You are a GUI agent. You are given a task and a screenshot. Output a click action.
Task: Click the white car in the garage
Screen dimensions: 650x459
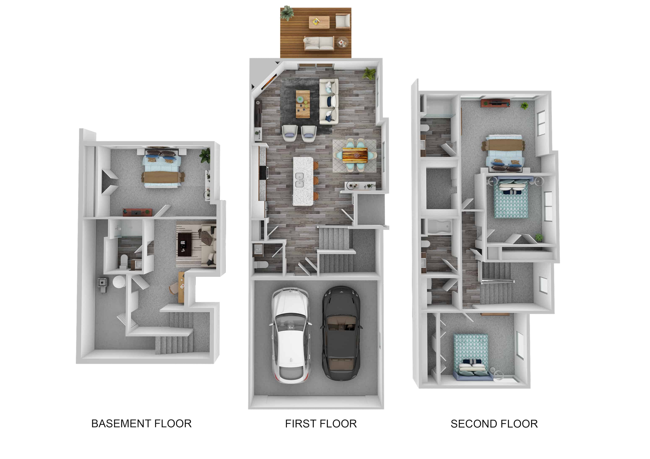[x=291, y=335]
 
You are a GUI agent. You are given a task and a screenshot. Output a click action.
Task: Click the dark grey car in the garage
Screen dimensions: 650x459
[x=341, y=333]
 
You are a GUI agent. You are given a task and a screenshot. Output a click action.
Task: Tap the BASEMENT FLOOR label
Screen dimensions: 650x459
[x=141, y=424]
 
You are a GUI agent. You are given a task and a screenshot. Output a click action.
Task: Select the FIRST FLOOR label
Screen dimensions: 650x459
[x=321, y=424]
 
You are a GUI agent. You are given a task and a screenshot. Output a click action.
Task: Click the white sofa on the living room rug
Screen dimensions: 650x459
[x=329, y=102]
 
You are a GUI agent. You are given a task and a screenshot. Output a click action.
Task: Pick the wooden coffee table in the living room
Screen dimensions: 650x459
[x=303, y=104]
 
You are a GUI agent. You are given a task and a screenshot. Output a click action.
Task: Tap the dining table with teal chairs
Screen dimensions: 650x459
[x=355, y=155]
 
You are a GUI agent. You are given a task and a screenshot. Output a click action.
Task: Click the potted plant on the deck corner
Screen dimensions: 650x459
[x=287, y=13]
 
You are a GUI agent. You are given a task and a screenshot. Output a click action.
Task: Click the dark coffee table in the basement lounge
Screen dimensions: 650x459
[x=185, y=244]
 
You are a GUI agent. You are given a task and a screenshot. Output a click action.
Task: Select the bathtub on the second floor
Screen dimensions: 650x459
[x=439, y=227]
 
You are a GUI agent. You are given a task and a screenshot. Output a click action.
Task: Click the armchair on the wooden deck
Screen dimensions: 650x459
[x=343, y=21]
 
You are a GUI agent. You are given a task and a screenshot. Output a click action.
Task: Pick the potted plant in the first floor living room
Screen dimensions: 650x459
[x=369, y=73]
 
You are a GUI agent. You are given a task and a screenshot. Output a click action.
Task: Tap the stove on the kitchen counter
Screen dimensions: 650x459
[x=264, y=173]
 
